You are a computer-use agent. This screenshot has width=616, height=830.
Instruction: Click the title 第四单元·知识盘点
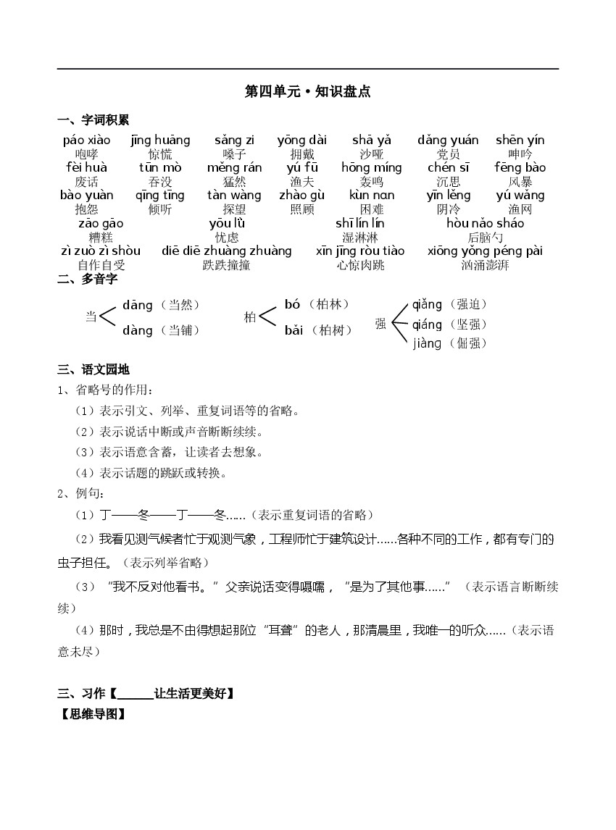coord(308,91)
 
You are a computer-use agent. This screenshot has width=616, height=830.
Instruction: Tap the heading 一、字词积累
coord(93,120)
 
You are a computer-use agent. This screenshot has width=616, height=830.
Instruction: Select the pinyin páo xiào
coord(86,141)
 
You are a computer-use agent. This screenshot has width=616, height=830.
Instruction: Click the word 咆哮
coord(86,154)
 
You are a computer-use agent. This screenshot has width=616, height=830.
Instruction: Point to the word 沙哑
coord(372,154)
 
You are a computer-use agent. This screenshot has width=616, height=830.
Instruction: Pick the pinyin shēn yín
coord(520,141)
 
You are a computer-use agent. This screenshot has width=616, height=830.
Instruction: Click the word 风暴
coord(520,182)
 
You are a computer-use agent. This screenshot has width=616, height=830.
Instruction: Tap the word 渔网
coord(520,209)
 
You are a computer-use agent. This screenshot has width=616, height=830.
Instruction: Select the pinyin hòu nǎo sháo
coord(485,223)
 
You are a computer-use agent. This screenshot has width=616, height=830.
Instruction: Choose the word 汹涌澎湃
coord(485,265)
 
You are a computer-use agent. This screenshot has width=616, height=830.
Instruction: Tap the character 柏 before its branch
coord(250,317)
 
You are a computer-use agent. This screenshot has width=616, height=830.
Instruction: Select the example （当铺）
coord(180,330)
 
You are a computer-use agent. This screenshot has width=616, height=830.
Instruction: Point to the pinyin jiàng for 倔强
coord(427,343)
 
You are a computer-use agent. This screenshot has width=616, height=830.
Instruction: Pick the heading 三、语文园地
coord(93,370)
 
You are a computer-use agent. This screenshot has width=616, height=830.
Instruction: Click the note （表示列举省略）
coord(163,563)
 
